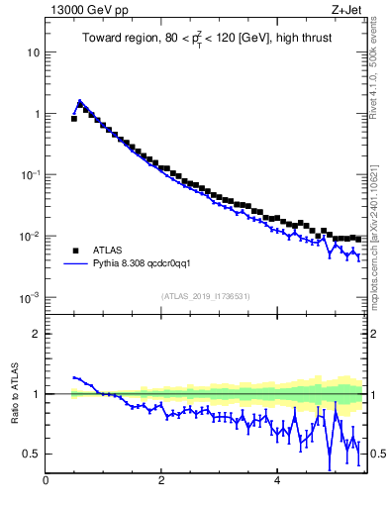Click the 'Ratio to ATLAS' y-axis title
point(15,394)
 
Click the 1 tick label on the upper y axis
point(37,114)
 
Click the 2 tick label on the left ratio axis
point(37,334)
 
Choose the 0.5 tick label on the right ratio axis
point(377,454)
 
